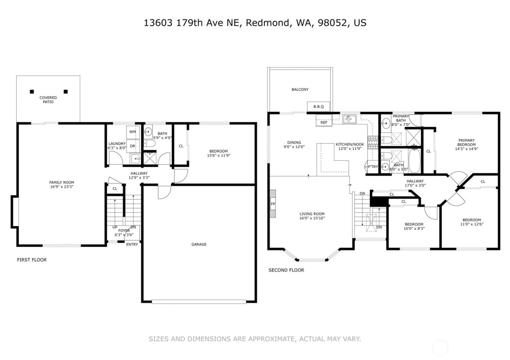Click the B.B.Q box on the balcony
pos(318,107)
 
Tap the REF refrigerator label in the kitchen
pos(324,123)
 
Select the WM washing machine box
pos(133,132)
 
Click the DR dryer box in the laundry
pos(133,146)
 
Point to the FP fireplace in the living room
pos(272,204)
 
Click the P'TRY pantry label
pos(373,167)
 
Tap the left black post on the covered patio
pos(32,92)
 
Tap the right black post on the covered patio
pos(66,92)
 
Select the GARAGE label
pos(199,245)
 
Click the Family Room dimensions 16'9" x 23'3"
pos(62,187)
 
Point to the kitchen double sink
pos(349,119)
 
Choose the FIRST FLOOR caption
pos(32,260)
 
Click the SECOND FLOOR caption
pos(286,270)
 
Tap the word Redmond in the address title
pos(268,23)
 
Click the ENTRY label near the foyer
pos(132,245)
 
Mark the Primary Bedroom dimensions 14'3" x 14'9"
pos(466,149)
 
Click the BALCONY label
pos(300,90)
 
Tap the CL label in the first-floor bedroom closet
pos(181,146)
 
